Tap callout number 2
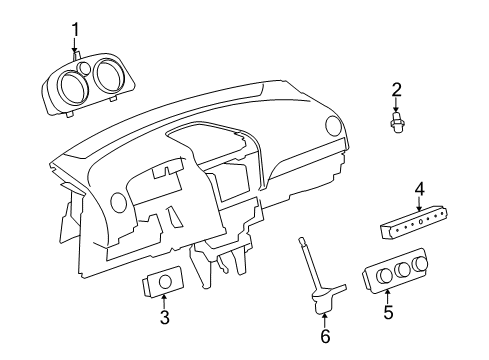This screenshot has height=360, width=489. [396, 89]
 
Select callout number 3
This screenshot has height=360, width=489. [164, 319]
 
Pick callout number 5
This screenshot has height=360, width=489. [387, 312]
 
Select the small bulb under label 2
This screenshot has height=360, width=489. [397, 124]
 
